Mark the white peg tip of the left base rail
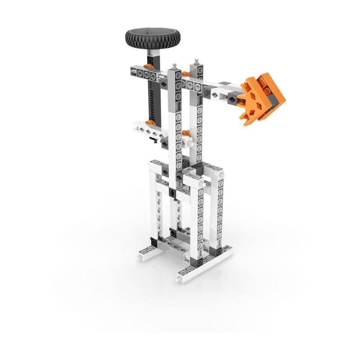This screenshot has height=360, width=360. (x=139, y=259)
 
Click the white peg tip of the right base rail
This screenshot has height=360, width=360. (x=179, y=279)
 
